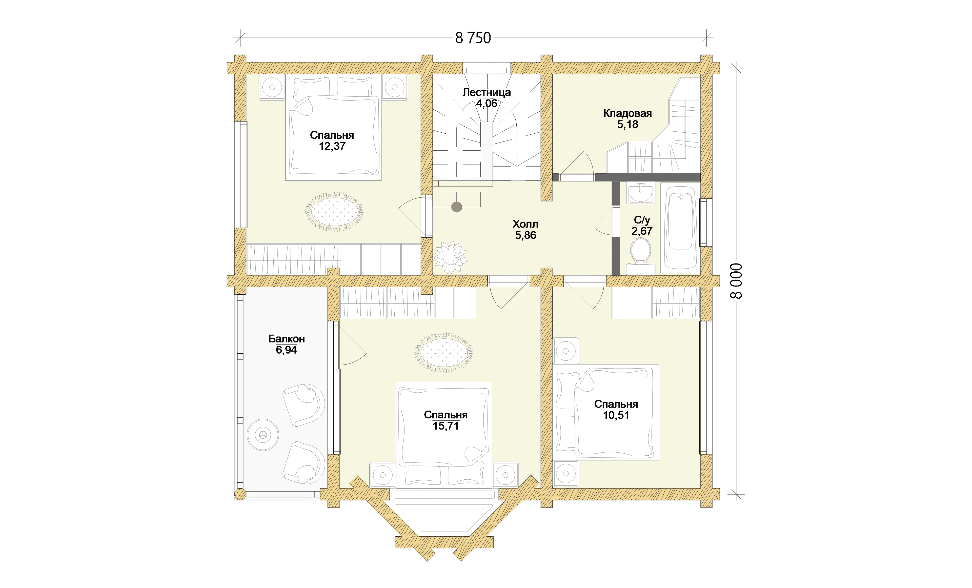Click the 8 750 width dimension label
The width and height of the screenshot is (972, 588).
tap(473, 38)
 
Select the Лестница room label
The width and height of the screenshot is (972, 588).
tap(487, 92)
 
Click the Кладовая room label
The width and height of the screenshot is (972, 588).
tap(627, 114)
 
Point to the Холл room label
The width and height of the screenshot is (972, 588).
tap(525, 225)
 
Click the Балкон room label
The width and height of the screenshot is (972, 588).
tap(286, 339)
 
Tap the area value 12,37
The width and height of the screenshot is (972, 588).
tap(332, 146)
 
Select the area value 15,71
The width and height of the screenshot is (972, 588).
tap(446, 426)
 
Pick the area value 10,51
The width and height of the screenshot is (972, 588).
tap(616, 415)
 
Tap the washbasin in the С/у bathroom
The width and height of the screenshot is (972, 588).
tap(641, 193)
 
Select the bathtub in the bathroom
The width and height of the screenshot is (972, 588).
tap(680, 228)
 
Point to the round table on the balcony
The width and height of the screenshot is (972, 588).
tap(263, 435)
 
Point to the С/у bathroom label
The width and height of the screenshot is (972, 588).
tap(642, 220)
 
